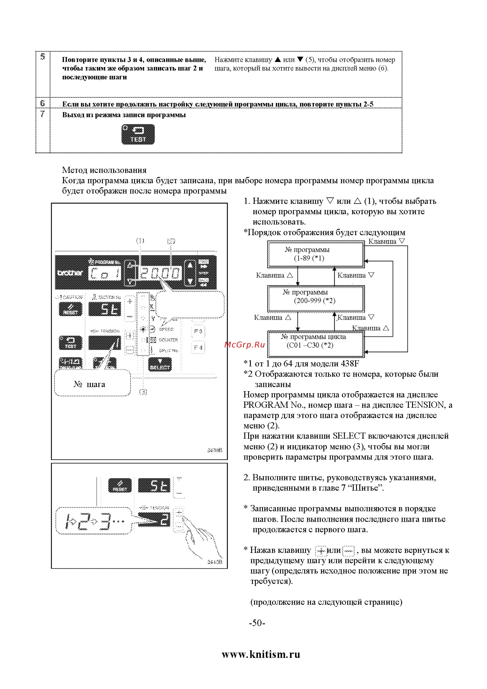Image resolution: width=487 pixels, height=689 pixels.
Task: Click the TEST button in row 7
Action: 138,135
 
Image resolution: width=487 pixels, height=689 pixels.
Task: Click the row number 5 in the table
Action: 43,57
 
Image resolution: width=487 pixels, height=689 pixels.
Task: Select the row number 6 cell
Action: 43,103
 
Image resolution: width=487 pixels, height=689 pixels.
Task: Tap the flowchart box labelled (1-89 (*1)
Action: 316,254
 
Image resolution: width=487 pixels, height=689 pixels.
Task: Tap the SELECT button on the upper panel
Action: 160,364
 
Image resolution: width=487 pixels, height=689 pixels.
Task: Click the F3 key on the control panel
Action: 198,331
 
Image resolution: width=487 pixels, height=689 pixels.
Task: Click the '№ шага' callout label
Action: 89,384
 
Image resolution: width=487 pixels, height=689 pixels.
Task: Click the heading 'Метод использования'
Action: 104,170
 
